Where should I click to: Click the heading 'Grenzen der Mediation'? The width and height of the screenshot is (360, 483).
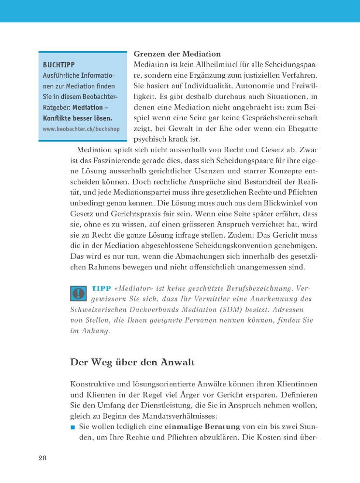[177, 54]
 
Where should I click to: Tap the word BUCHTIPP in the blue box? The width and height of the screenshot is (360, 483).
[59, 64]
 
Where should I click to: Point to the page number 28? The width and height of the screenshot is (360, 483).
[43, 458]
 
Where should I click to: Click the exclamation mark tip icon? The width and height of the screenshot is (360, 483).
[78, 294]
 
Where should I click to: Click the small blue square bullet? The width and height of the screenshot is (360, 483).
[73, 427]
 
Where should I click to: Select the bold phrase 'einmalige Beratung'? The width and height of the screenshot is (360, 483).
[195, 426]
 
